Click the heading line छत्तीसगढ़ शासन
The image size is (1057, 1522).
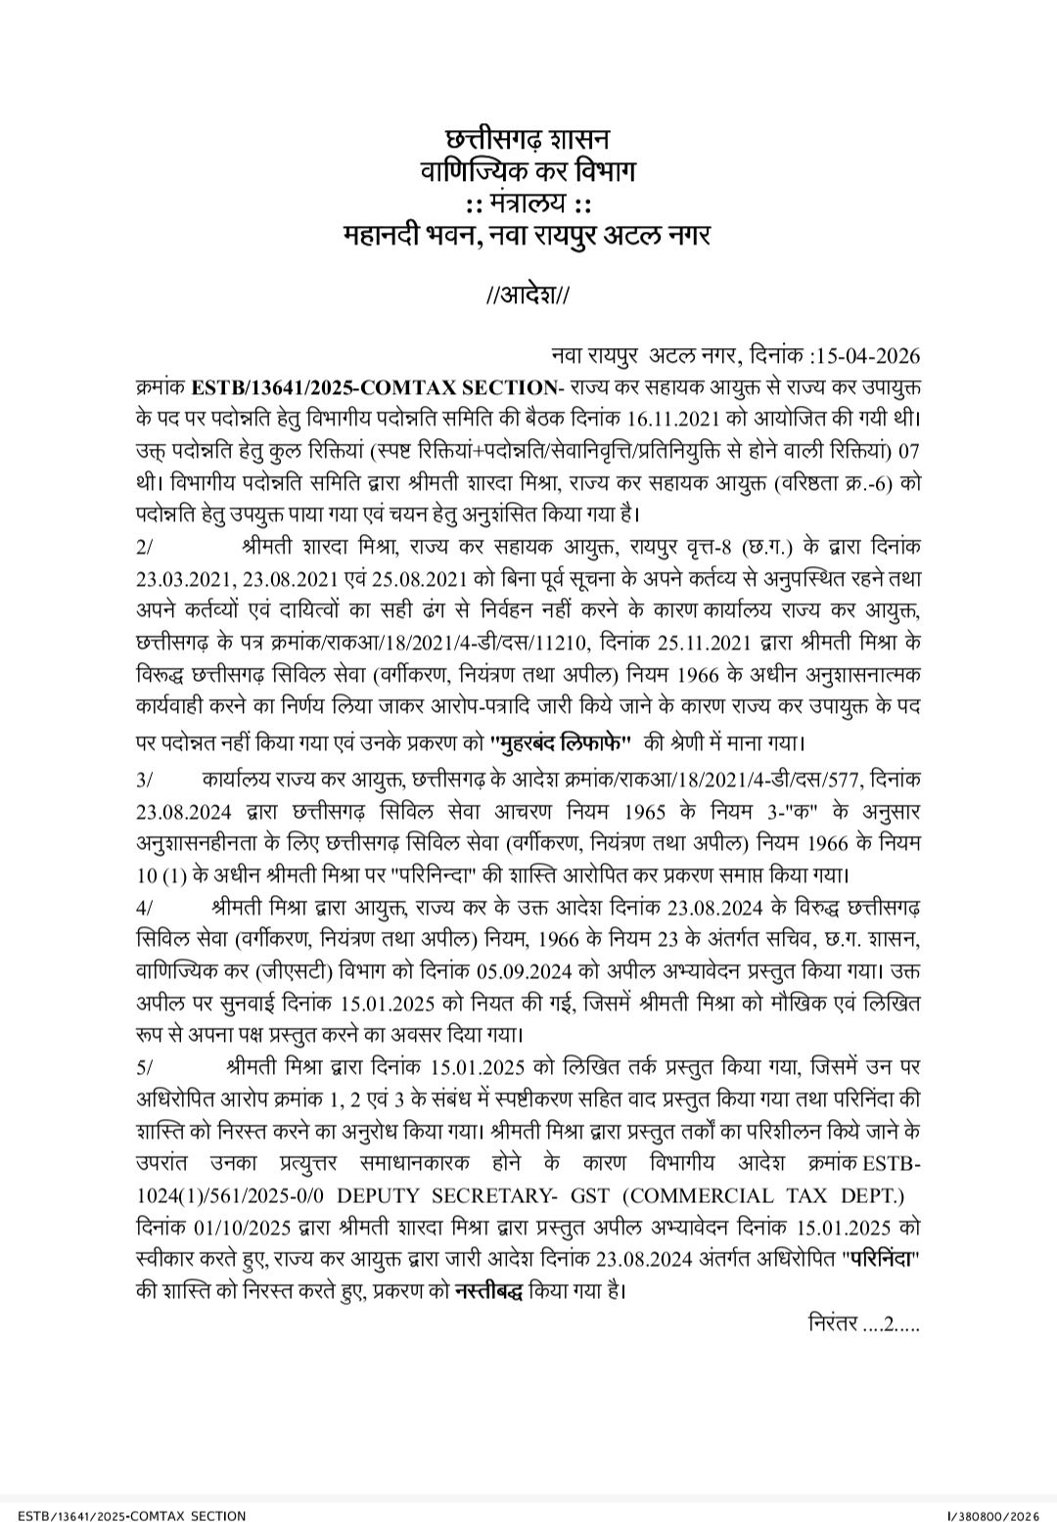[x=528, y=136]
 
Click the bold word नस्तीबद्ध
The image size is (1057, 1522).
[x=489, y=1290]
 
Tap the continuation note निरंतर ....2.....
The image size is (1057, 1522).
[x=861, y=1324]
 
